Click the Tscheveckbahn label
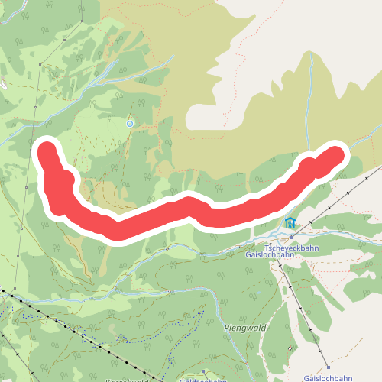coord(291,248)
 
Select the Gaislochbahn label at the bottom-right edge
coord(328,378)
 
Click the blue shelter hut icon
coord(290,223)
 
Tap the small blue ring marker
coord(130,123)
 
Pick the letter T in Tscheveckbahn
coord(267,248)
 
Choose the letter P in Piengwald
coord(227,329)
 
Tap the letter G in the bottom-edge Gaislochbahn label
coord(306,378)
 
